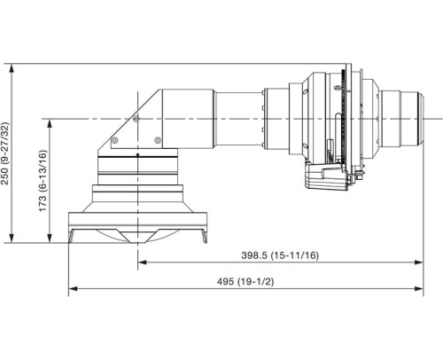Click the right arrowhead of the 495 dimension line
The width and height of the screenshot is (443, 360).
(418, 288)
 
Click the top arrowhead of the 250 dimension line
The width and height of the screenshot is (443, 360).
(10, 67)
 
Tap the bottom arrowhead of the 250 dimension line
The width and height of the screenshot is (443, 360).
(10, 239)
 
